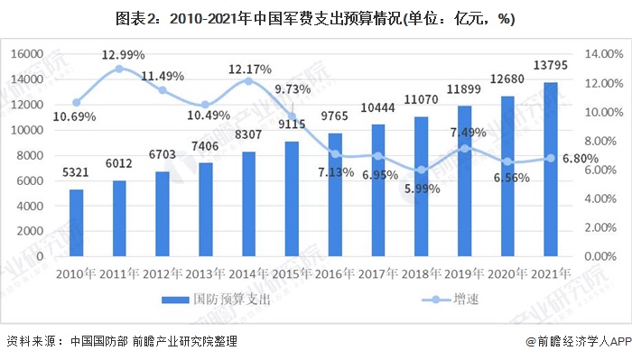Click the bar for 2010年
tap(77, 223)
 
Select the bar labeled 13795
tap(551, 170)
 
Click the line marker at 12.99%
tap(119, 69)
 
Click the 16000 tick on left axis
tap(27, 54)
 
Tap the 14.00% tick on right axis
tap(606, 54)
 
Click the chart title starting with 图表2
tap(315, 20)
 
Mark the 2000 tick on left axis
tap(31, 231)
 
